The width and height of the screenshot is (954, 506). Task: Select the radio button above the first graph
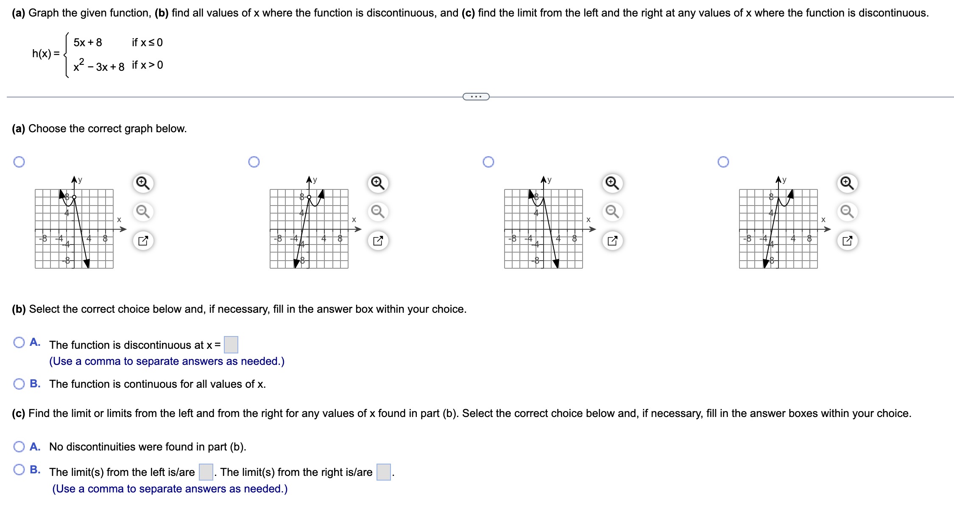[19, 162]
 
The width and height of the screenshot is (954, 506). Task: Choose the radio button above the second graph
[254, 162]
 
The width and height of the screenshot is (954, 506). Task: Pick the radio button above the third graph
[488, 162]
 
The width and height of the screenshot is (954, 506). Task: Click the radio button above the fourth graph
[723, 162]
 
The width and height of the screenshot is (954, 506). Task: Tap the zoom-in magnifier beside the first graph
[143, 183]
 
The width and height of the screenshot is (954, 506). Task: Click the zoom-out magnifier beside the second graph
[378, 211]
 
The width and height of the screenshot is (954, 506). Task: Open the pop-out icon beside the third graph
[612, 241]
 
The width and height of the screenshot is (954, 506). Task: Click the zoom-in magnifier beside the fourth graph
[847, 183]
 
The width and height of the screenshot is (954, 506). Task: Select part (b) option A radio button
[19, 342]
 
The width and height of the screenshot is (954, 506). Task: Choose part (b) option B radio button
[19, 384]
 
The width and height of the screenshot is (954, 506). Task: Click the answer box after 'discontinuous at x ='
[231, 345]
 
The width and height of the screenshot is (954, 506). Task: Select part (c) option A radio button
[19, 447]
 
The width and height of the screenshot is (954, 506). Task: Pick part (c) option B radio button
[19, 470]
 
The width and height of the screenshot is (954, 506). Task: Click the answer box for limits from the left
[206, 472]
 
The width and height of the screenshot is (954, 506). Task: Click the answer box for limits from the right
[384, 472]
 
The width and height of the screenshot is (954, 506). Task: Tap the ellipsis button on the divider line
[476, 97]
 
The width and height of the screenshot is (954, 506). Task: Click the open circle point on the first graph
[74, 197]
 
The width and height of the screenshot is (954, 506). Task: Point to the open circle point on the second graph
[309, 197]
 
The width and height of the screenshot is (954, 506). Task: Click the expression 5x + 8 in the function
[88, 42]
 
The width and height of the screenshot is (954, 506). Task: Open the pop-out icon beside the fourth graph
[847, 241]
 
